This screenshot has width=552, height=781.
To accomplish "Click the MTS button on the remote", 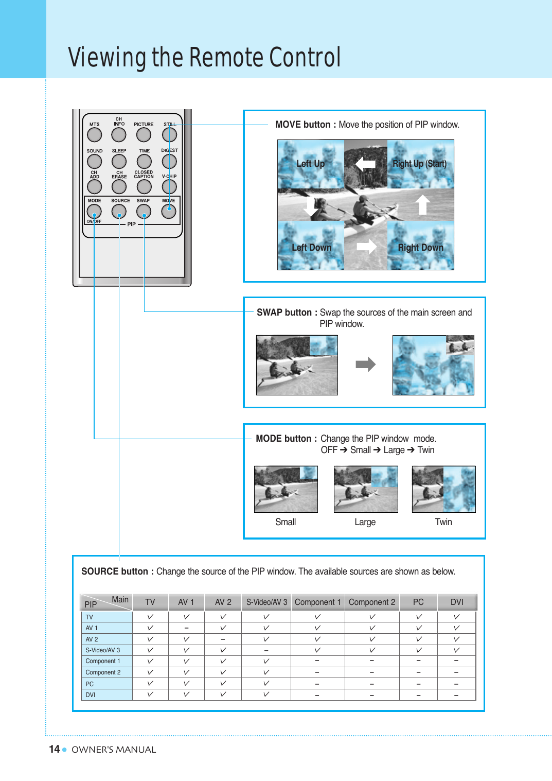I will point(95,135).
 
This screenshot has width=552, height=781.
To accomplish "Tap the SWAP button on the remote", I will point(144,211).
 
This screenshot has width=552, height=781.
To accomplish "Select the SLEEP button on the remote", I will point(119,162).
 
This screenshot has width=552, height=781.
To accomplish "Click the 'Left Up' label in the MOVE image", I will point(311,164).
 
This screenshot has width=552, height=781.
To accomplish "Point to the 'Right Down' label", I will point(420,248).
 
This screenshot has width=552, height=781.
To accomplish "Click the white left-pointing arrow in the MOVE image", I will point(366,164).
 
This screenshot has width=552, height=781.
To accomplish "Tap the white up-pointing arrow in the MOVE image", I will point(422,204).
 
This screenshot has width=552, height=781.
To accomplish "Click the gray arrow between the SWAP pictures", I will point(366,365).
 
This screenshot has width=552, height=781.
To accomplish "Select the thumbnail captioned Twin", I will point(443,489).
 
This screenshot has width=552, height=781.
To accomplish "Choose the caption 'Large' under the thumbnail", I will point(365,522).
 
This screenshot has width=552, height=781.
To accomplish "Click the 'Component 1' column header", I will point(317,602).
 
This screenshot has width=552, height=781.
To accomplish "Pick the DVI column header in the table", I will point(457,602).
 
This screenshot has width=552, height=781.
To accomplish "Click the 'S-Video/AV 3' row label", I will point(103,650).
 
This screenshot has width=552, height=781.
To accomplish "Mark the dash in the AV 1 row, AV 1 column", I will point(186,628).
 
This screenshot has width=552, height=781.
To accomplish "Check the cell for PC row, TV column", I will point(150,684).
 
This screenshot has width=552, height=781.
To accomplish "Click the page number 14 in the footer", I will point(55,749).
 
